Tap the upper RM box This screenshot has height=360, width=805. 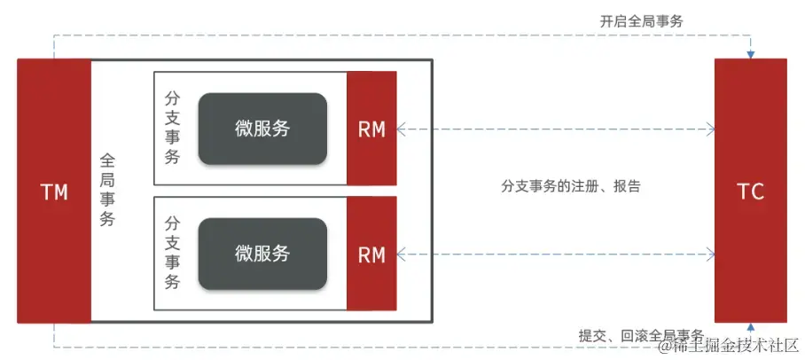pyautogui.click(x=371, y=129)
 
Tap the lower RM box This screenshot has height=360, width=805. pyautogui.click(x=371, y=254)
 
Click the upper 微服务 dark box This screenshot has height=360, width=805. pyautogui.click(x=262, y=129)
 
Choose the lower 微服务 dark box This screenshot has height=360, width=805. pyautogui.click(x=262, y=254)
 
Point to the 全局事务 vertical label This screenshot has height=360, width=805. pyautogui.click(x=107, y=191)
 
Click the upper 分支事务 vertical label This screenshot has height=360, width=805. pyautogui.click(x=173, y=128)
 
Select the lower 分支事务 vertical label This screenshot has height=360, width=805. pyautogui.click(x=173, y=254)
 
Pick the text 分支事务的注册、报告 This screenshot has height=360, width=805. pyautogui.click(x=571, y=187)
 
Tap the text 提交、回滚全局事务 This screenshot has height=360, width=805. pyautogui.click(x=641, y=335)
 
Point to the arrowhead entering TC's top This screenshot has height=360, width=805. pyautogui.click(x=750, y=54)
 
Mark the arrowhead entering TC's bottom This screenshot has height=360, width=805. pyautogui.click(x=750, y=328)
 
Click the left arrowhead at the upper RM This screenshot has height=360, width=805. pyautogui.click(x=402, y=129)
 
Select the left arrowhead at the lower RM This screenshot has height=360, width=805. pyautogui.click(x=402, y=254)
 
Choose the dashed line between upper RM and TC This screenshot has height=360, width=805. pyautogui.click(x=559, y=129)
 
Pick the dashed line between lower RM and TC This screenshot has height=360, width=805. pyautogui.click(x=559, y=254)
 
